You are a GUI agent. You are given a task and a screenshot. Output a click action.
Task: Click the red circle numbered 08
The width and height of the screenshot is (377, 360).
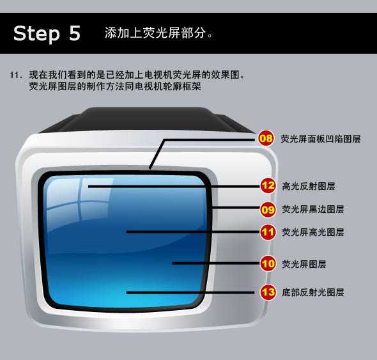pyautogui.click(x=266, y=138)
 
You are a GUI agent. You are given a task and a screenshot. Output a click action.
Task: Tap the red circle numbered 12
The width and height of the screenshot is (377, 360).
pyautogui.click(x=268, y=185)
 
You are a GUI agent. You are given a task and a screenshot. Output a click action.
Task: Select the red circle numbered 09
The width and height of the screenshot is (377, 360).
pyautogui.click(x=268, y=210)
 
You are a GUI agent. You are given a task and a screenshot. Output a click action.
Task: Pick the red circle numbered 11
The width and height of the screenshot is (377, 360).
pyautogui.click(x=268, y=232)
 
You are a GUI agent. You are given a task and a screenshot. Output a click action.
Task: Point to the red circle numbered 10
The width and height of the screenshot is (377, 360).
pyautogui.click(x=268, y=263)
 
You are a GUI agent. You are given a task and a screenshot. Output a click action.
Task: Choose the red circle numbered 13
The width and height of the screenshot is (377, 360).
pyautogui.click(x=268, y=292)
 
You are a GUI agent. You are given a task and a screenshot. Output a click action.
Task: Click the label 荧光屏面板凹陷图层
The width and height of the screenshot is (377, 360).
pyautogui.click(x=321, y=139)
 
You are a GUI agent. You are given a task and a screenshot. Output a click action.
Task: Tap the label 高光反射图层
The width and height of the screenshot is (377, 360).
pyautogui.click(x=309, y=186)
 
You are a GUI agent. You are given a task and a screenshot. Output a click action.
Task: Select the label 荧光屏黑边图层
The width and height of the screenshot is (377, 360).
pyautogui.click(x=313, y=209)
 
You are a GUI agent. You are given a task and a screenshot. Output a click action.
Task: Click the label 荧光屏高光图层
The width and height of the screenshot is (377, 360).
pyautogui.click(x=313, y=232)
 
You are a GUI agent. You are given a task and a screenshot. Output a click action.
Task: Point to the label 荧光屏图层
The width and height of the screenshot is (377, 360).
pyautogui.click(x=304, y=264)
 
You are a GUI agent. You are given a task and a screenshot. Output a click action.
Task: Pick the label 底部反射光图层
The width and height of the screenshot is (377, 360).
pyautogui.click(x=313, y=292)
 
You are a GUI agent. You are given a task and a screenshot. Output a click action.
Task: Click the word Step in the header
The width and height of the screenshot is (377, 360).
pyautogui.click(x=36, y=34)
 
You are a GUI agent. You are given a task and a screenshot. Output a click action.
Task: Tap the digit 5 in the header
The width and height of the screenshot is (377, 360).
pyautogui.click(x=75, y=33)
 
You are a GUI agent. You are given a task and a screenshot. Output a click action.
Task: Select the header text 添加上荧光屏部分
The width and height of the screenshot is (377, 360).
pyautogui.click(x=155, y=33)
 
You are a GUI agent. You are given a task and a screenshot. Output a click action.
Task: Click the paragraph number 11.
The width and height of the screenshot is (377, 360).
pyautogui.click(x=16, y=75)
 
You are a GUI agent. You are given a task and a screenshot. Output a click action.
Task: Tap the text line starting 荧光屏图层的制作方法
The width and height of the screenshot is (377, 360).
pyautogui.click(x=115, y=86)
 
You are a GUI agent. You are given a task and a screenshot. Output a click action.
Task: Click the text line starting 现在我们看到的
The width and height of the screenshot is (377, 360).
pyautogui.click(x=137, y=75)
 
